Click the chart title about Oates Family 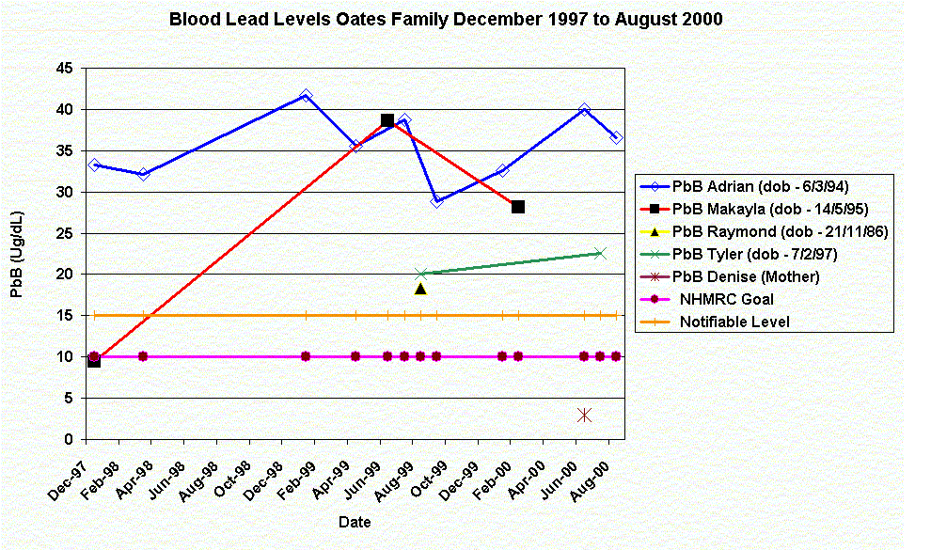[x=446, y=19]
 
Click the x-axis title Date [x=355, y=522]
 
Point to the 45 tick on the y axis [x=65, y=68]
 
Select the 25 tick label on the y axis [x=65, y=233]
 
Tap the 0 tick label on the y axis [x=69, y=439]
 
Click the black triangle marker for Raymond [x=420, y=289]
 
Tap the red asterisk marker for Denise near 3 [x=584, y=415]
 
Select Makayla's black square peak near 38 [x=387, y=120]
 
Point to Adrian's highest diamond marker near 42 [x=306, y=96]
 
